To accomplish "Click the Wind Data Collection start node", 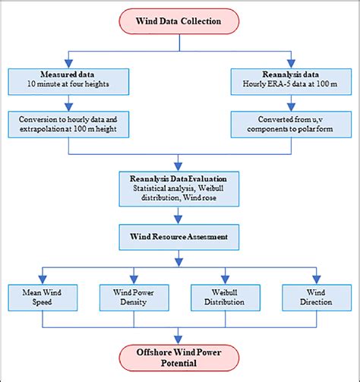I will coord(179,21).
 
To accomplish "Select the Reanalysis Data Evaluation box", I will coord(179,188).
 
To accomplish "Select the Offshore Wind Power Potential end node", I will coord(179,358).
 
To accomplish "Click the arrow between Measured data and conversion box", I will coord(69,103).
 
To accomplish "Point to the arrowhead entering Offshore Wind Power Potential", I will coord(179,336).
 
